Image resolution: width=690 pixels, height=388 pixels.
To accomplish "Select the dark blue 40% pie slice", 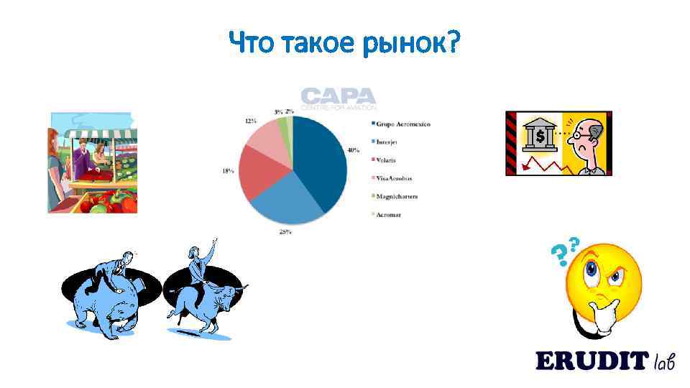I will [321, 158].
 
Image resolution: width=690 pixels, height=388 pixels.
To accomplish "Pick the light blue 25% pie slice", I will [287, 205].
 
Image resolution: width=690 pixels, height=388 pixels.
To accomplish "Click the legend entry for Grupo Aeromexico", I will [400, 124].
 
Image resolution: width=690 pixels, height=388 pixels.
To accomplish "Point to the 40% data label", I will [354, 150].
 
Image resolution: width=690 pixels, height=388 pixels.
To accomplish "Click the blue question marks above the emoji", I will [564, 249].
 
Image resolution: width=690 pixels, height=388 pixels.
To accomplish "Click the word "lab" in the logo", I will [664, 361].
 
